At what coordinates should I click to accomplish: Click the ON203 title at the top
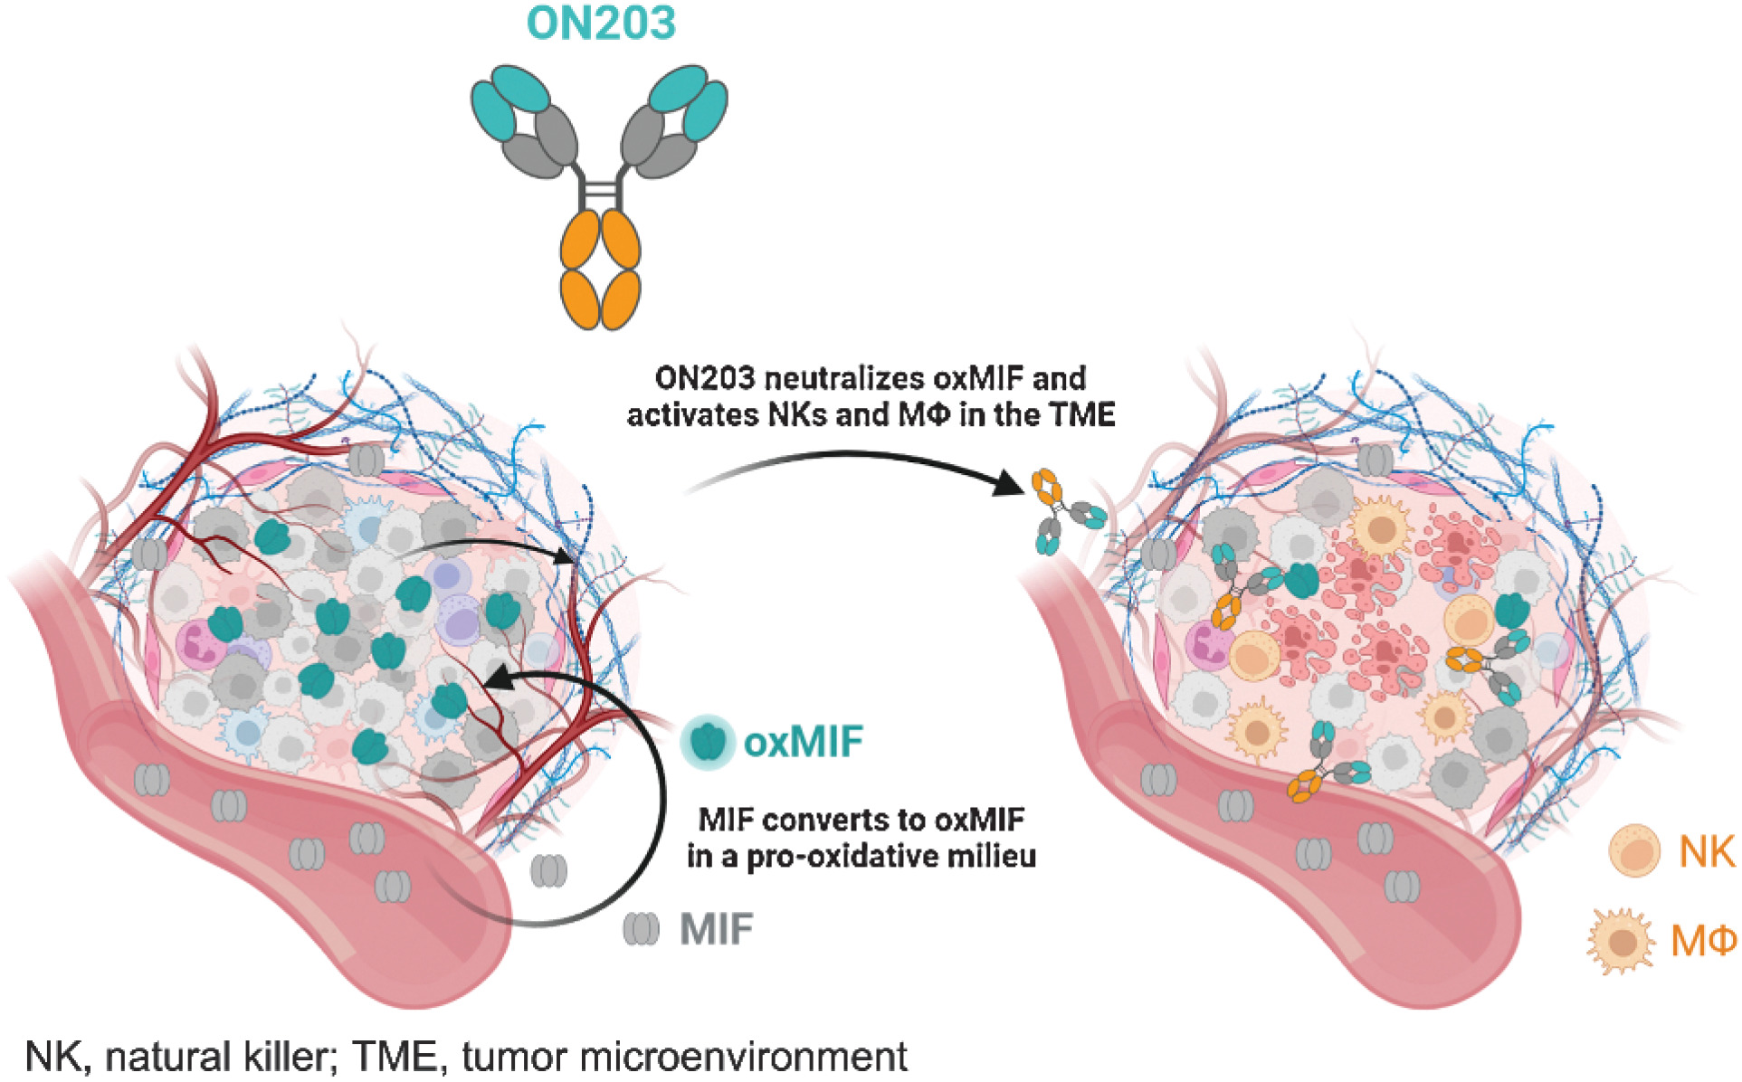point(601,23)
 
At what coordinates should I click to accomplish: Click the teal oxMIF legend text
point(803,743)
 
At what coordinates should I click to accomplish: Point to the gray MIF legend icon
point(641,929)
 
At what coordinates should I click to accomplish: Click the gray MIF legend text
point(717,929)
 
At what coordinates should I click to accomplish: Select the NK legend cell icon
point(1634,851)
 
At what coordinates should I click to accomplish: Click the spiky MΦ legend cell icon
point(1620,942)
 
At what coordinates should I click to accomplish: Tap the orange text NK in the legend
point(1707,851)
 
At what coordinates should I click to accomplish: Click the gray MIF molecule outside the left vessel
point(548,870)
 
